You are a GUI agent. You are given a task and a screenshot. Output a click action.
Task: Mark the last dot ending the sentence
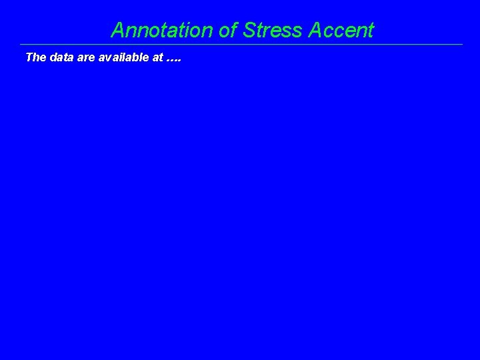point(180,61)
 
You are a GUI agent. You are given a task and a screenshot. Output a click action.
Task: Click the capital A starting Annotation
point(118,30)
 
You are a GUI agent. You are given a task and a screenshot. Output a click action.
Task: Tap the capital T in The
point(29,57)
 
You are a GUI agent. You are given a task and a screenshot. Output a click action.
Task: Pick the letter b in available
point(135,57)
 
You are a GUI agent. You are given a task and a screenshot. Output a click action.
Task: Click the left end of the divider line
point(21,45)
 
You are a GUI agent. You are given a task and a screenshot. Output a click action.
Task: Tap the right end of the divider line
point(462,45)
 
